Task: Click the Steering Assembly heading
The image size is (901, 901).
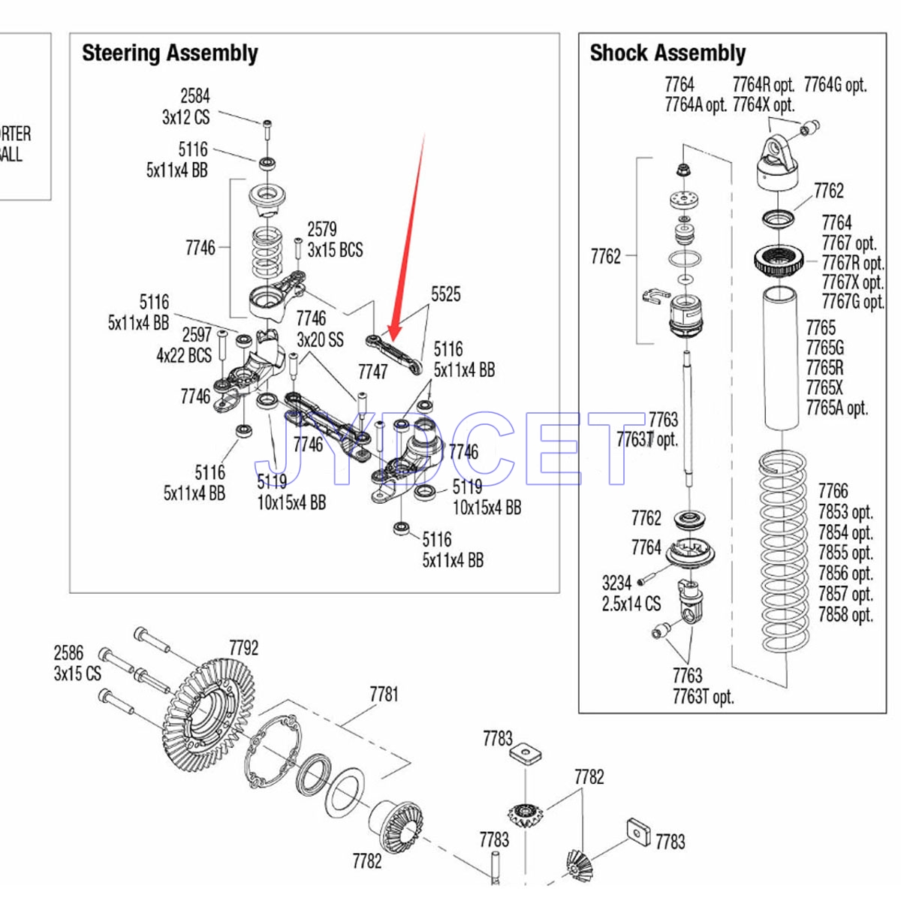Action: point(170,53)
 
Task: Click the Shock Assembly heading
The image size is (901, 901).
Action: point(667,53)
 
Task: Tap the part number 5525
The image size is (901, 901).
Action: point(445,294)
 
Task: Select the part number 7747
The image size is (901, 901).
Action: point(372,372)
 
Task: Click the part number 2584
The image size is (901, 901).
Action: point(194,96)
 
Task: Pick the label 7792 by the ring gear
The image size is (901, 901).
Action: point(243,648)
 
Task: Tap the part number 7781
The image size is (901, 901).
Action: point(384,695)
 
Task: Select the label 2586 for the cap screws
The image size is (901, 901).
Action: point(68,652)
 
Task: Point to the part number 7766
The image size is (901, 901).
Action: point(833,491)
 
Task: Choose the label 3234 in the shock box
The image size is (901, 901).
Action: point(616,583)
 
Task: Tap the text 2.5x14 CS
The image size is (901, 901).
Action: point(631,604)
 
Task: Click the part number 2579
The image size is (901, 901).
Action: point(321,229)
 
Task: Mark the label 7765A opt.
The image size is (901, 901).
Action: point(836,408)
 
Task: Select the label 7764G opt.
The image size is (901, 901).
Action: point(835,85)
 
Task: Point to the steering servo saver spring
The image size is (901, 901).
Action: point(267,252)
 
